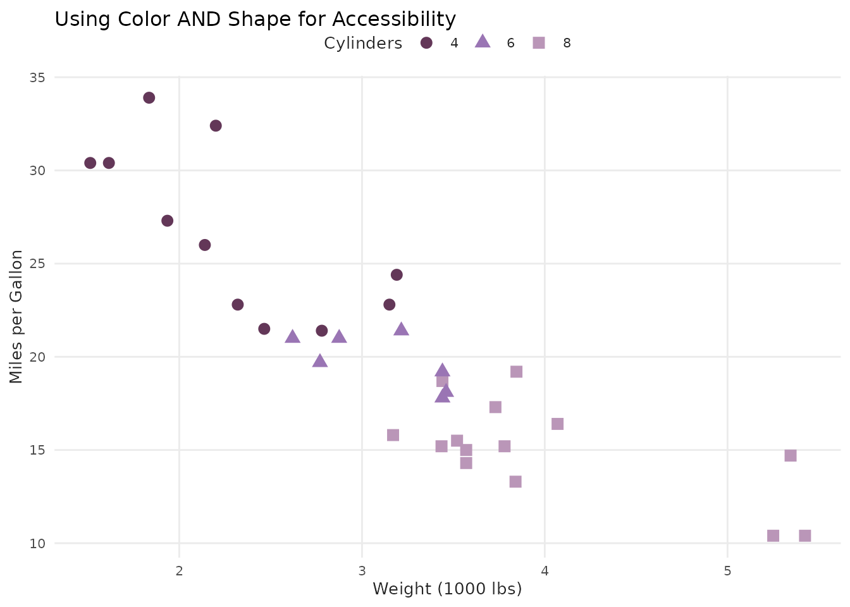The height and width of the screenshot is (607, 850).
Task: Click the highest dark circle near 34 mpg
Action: pos(149,97)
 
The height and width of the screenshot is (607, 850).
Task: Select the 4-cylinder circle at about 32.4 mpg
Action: pos(216,126)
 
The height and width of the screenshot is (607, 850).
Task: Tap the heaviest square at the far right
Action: pos(804,536)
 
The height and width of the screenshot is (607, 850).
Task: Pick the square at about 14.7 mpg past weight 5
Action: pos(791,455)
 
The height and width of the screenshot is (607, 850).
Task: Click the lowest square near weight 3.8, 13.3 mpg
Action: pos(515,482)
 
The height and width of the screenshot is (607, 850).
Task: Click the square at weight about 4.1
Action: pos(557,424)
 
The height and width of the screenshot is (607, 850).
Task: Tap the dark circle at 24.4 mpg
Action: pos(397,274)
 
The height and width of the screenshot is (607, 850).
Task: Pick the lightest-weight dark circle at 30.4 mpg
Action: pos(90,163)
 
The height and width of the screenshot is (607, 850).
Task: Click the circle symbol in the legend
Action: pos(426,43)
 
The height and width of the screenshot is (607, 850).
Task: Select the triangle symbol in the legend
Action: pos(483,42)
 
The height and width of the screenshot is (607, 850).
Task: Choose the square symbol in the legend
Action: pos(539,43)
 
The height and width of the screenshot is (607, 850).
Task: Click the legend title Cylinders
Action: pos(363,43)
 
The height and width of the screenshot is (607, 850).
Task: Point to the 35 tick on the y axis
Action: pos(37,77)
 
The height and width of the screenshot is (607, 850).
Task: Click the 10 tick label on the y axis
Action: pos(37,543)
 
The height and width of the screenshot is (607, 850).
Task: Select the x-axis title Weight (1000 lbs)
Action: pos(447,589)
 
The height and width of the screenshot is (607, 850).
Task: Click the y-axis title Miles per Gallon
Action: pos(17,316)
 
